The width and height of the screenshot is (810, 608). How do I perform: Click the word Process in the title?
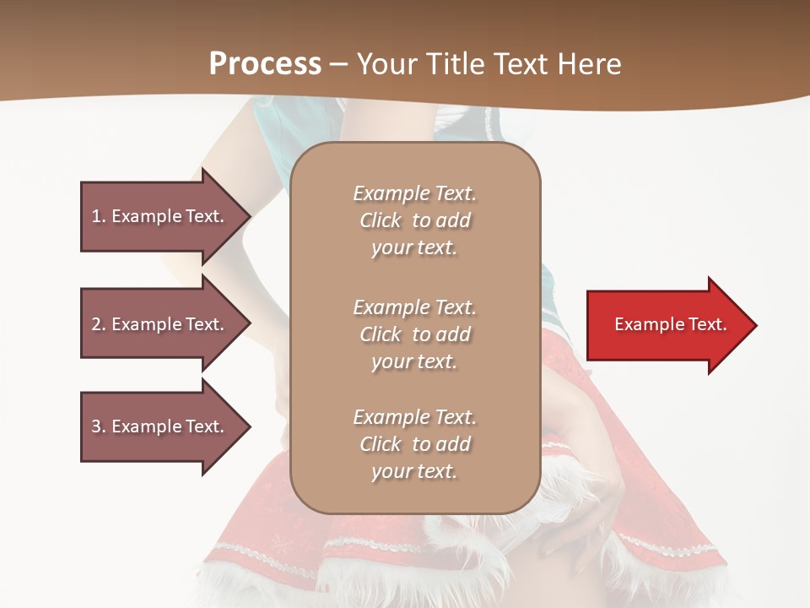pos(265,63)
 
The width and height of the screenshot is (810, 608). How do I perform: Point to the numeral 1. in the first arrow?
pos(99,216)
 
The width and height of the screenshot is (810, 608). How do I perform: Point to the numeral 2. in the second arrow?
pos(99,324)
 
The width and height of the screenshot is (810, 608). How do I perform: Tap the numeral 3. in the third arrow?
pos(99,426)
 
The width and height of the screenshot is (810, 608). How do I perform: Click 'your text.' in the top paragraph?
pos(414,248)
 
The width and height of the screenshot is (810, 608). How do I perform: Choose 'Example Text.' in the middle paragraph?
pos(414,307)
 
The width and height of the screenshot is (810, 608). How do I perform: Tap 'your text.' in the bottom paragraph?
pos(414,472)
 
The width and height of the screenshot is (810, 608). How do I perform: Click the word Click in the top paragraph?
pos(381,221)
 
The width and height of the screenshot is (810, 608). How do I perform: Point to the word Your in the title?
pos(386,63)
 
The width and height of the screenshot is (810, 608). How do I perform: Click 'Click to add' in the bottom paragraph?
pos(414,444)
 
